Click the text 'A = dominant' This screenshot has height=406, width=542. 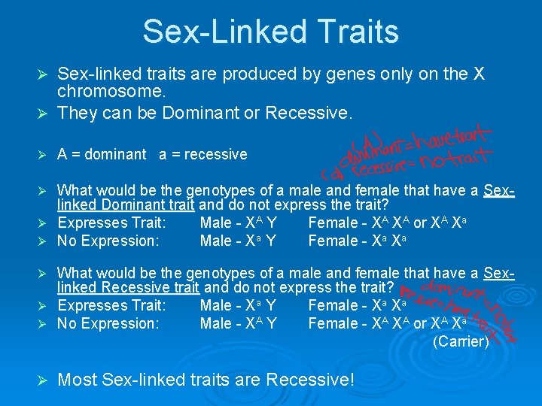(x=102, y=154)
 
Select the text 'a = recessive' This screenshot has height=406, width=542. (x=202, y=154)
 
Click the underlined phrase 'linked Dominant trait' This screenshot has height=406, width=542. (x=126, y=205)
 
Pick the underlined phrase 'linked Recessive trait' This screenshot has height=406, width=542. (x=128, y=287)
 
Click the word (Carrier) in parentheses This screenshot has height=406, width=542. (x=461, y=341)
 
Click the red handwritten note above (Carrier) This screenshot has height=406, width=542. (x=459, y=308)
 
